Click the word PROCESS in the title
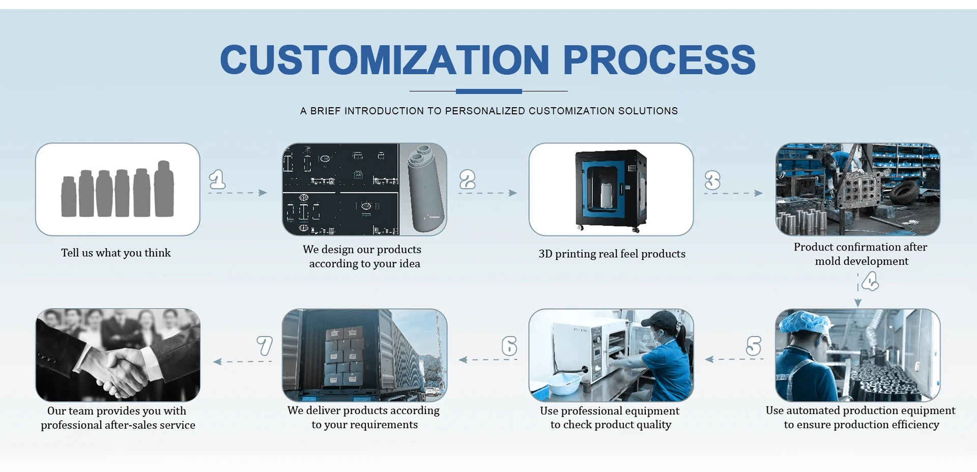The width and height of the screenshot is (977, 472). click(659, 60)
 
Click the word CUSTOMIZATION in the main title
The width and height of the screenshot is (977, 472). click(384, 60)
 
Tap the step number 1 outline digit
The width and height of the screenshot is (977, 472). click(217, 179)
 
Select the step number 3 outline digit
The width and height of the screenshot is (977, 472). click(712, 180)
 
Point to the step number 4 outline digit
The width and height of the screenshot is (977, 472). click(870, 281)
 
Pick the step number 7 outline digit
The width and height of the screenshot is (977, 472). click(265, 346)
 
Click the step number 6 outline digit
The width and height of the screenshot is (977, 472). click(509, 346)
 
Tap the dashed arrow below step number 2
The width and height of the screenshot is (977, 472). click(487, 193)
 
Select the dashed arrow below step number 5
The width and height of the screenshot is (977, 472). click(734, 359)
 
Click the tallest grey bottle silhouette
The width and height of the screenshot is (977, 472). click(164, 189)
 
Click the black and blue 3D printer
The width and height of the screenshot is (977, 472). click(611, 189)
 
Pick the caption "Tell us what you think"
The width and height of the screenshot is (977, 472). click(116, 253)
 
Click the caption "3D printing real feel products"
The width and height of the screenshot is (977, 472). click(612, 254)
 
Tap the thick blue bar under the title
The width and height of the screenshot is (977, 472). click(489, 91)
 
